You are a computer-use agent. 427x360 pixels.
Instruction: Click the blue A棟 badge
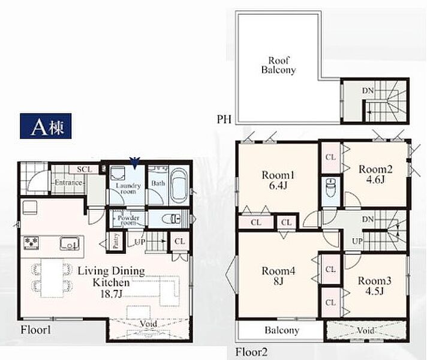tap(46, 126)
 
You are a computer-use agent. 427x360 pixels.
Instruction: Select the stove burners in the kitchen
tap(31, 243)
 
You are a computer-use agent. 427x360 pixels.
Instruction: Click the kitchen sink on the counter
tap(70, 244)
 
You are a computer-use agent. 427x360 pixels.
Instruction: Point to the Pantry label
tap(115, 241)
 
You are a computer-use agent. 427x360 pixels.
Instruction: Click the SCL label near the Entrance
tap(85, 170)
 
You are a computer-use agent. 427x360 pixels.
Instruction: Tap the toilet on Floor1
tap(171, 219)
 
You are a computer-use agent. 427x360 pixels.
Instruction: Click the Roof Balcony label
tap(279, 65)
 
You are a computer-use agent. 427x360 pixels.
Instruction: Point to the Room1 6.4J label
tap(278, 180)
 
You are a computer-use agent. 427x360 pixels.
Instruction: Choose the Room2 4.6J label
tap(375, 175)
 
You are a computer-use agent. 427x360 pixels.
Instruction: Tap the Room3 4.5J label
tap(375, 286)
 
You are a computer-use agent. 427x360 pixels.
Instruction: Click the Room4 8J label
tap(278, 276)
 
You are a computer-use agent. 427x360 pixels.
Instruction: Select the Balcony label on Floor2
tap(282, 330)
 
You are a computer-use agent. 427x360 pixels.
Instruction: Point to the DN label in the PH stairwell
tap(368, 91)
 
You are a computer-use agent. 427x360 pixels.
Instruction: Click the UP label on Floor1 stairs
tap(140, 241)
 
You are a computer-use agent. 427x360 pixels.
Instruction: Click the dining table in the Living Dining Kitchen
tap(52, 278)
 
